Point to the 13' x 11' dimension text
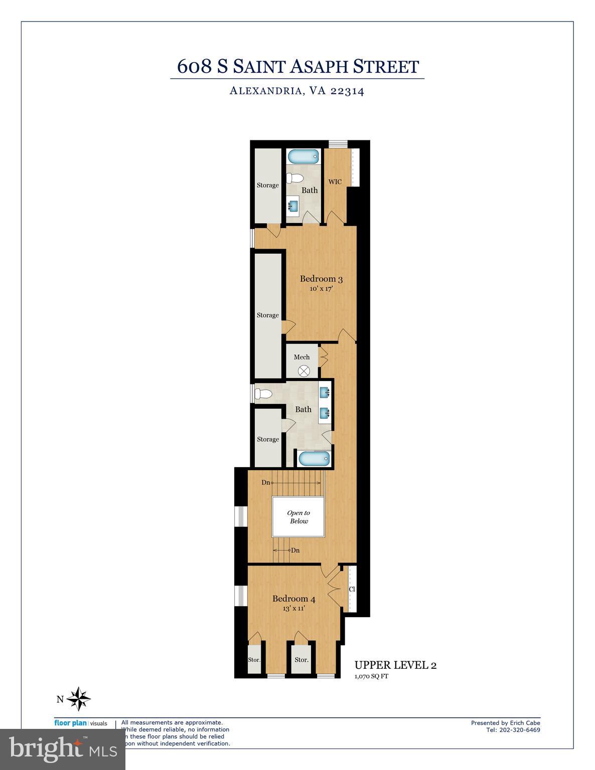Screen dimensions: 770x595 pos(293,608)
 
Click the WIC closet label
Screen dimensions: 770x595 pos(335,181)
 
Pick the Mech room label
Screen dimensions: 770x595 pos(302,357)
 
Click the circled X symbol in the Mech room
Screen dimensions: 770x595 pos(304,371)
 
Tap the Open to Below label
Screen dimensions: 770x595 pos(298,517)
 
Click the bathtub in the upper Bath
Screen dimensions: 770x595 pos(304,156)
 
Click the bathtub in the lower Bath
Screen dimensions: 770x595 pos(314,458)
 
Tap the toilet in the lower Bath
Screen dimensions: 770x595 pos(263,394)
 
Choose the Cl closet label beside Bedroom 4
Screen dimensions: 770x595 pos(352,590)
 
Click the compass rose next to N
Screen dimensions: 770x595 pos(79,699)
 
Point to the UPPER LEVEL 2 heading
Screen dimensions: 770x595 pos(395,665)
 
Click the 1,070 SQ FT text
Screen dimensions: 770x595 pos(372,676)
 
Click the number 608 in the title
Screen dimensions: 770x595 pos(195,67)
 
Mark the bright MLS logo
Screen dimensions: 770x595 pos(63,749)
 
